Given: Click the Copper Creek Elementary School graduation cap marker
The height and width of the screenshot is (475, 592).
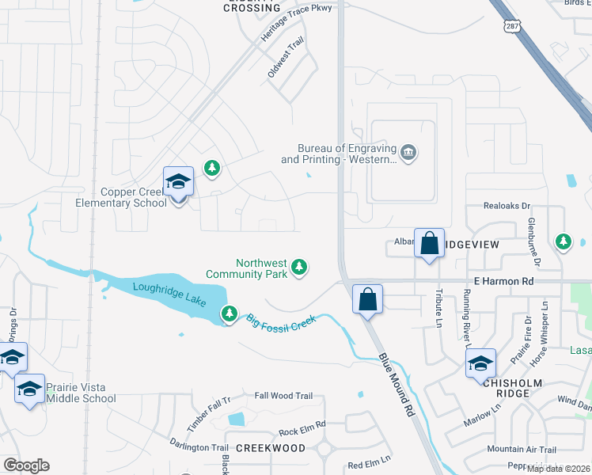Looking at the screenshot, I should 178,183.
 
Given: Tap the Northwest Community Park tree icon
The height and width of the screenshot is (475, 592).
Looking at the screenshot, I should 299,268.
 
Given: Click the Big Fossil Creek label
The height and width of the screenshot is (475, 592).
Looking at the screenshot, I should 281,321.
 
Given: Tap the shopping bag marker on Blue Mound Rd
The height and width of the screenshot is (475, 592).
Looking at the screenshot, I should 367,300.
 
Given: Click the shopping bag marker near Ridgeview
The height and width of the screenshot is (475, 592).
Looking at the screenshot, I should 429,243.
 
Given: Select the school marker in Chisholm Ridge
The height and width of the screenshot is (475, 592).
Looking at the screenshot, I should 480,364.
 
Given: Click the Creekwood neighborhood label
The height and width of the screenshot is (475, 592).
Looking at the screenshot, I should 271,448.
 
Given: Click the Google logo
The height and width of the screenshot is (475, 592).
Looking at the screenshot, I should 26,465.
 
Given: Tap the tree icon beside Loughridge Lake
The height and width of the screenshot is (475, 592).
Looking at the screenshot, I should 230,314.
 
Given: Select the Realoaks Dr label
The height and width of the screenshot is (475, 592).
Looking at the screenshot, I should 507,206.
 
